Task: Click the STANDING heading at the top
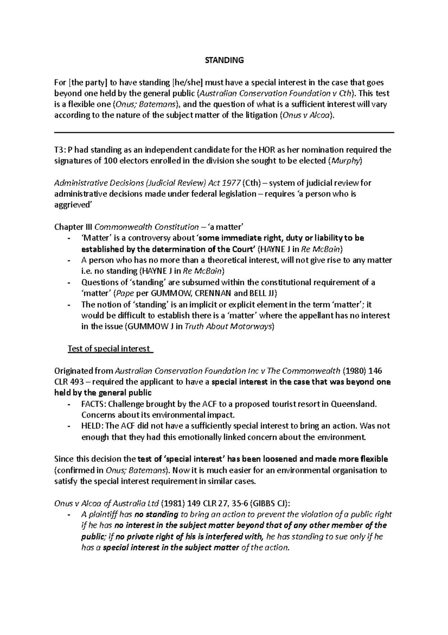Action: (224, 60)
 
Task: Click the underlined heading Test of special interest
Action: (108, 349)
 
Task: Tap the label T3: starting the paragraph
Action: (60, 150)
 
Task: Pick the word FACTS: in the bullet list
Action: (93, 404)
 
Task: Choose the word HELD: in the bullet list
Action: (92, 426)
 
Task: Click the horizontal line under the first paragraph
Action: (224, 132)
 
